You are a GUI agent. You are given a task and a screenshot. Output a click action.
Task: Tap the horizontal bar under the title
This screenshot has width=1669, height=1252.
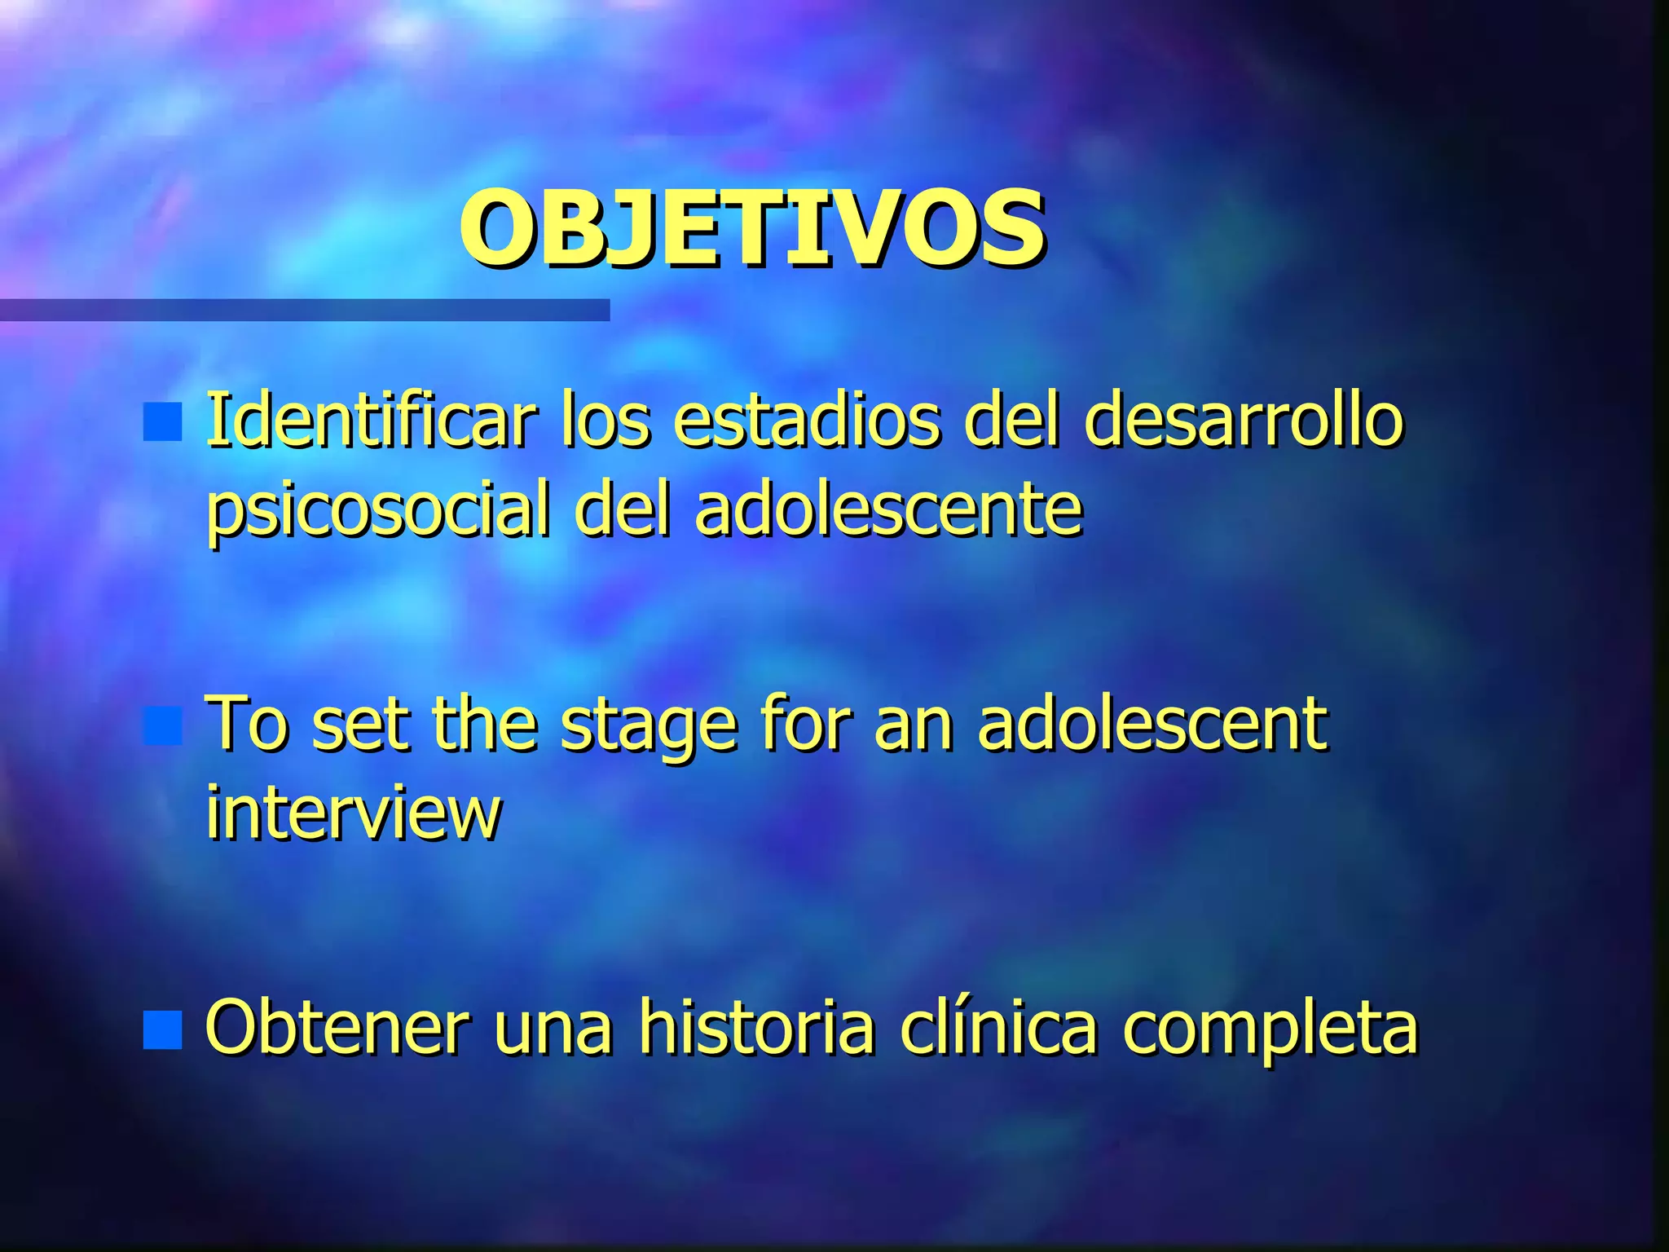click(304, 310)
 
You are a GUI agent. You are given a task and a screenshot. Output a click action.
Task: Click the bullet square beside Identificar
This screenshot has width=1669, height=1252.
click(162, 421)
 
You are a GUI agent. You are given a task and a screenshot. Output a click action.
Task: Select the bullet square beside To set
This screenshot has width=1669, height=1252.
click(162, 726)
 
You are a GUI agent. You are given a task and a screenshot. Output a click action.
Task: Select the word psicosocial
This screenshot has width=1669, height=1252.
click(377, 511)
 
